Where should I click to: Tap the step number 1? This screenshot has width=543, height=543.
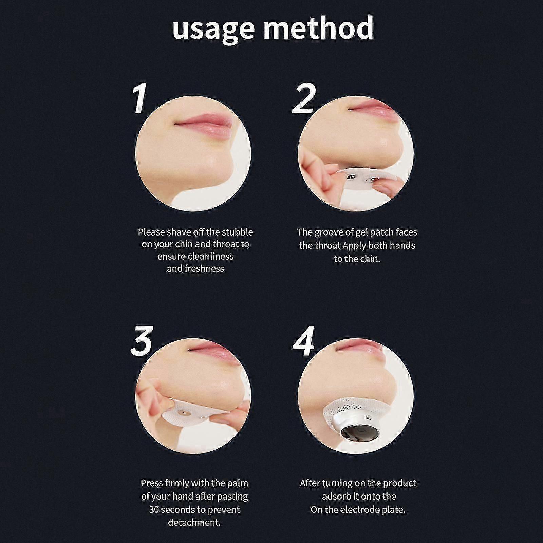click(139, 99)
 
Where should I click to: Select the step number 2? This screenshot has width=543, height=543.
click(304, 99)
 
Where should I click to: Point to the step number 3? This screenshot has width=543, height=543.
click(142, 341)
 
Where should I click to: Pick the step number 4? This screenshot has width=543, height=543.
click(303, 341)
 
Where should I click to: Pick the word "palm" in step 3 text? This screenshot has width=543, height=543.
click(238, 483)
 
